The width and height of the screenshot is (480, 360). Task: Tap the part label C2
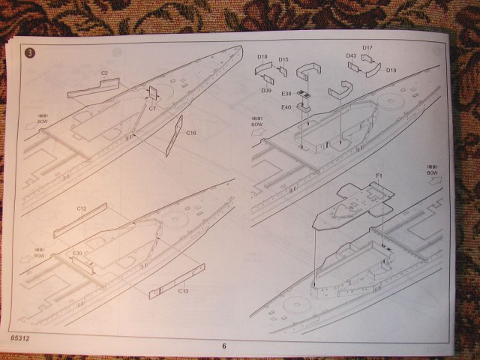pyautogui.click(x=104, y=73)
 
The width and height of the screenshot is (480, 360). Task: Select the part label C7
pyautogui.click(x=152, y=109)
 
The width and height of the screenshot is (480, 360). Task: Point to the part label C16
pyautogui.click(x=191, y=133)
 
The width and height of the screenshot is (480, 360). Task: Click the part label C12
pyautogui.click(x=82, y=207)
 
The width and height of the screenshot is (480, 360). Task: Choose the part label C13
pyautogui.click(x=183, y=290)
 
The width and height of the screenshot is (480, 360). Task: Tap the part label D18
pyautogui.click(x=262, y=57)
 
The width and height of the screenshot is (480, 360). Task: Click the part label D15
pyautogui.click(x=283, y=60)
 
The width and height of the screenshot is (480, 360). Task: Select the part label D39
pyautogui.click(x=266, y=90)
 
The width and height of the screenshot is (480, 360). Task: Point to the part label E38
pyautogui.click(x=286, y=94)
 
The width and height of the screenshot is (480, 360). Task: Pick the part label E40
pyautogui.click(x=286, y=107)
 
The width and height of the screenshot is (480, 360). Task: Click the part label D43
pyautogui.click(x=351, y=55)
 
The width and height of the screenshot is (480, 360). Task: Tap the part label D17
pyautogui.click(x=367, y=48)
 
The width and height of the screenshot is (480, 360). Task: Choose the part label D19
pyautogui.click(x=391, y=70)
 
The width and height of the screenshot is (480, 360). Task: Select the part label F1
pyautogui.click(x=379, y=176)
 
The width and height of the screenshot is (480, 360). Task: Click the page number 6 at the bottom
pyautogui.click(x=223, y=346)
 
